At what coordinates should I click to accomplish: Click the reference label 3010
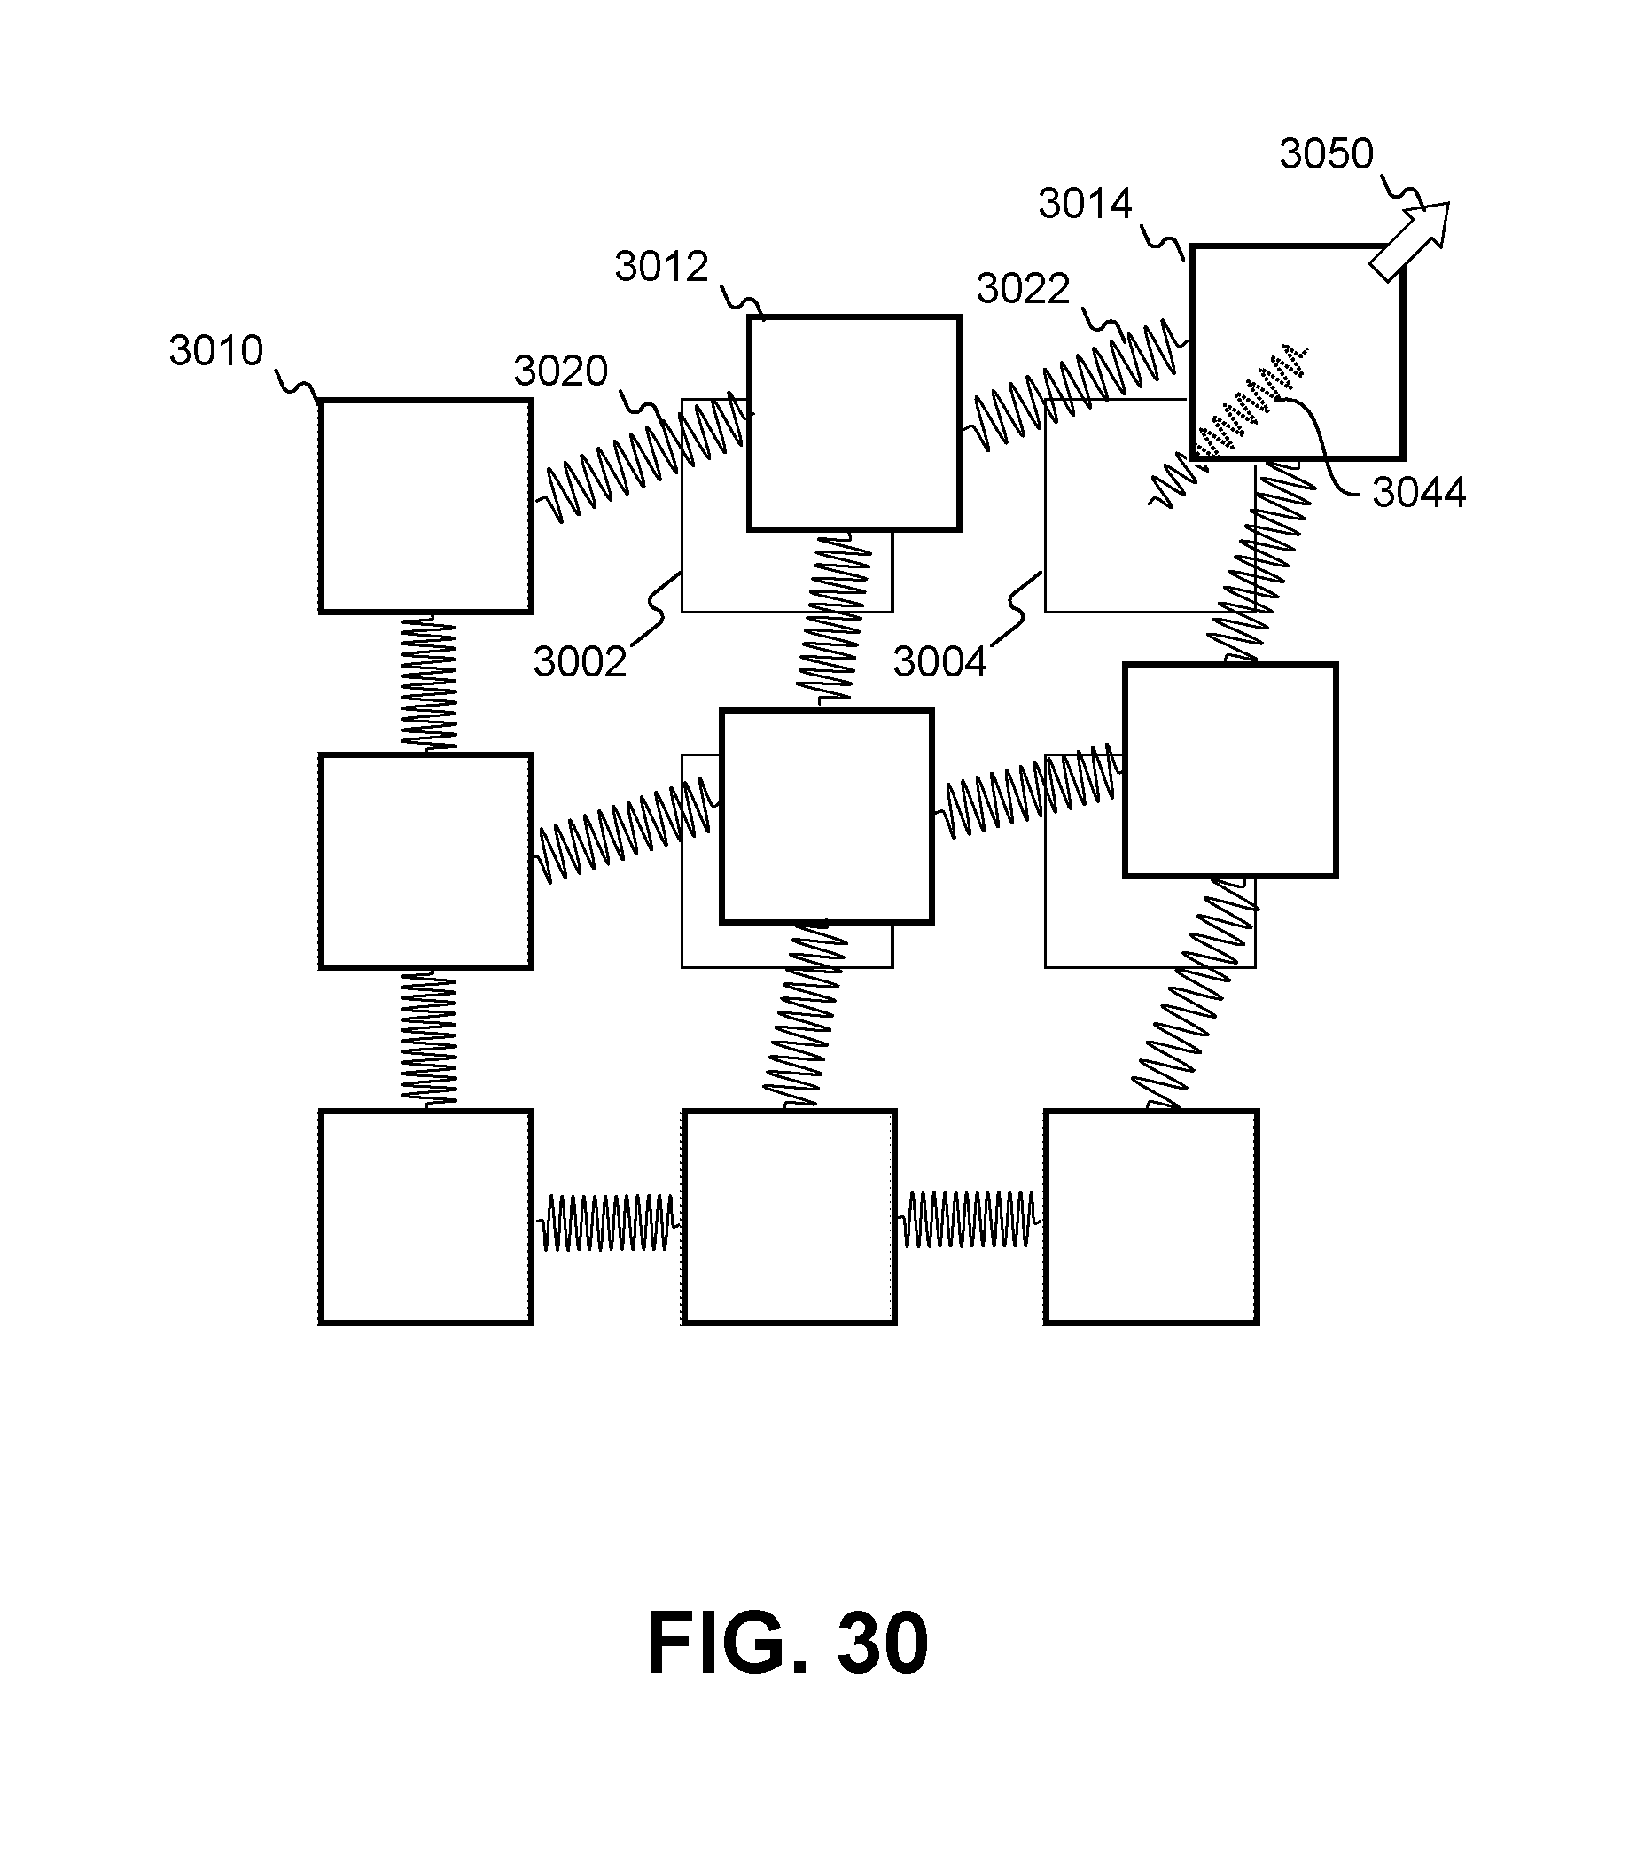click(215, 351)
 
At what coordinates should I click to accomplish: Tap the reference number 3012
click(661, 267)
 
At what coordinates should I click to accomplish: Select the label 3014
click(1085, 204)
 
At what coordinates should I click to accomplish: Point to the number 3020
click(560, 371)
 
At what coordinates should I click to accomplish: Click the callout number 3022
click(1023, 290)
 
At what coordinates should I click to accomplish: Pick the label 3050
click(1327, 154)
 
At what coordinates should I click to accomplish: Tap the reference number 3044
click(1419, 493)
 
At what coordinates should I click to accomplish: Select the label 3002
click(580, 662)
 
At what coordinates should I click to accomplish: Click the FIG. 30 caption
click(788, 1644)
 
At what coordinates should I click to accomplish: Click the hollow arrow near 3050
click(1409, 241)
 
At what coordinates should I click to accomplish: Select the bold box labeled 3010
click(425, 507)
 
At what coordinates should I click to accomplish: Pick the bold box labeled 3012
click(853, 423)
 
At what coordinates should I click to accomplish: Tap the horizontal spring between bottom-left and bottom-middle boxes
click(608, 1223)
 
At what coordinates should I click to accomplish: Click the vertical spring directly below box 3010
click(428, 683)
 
